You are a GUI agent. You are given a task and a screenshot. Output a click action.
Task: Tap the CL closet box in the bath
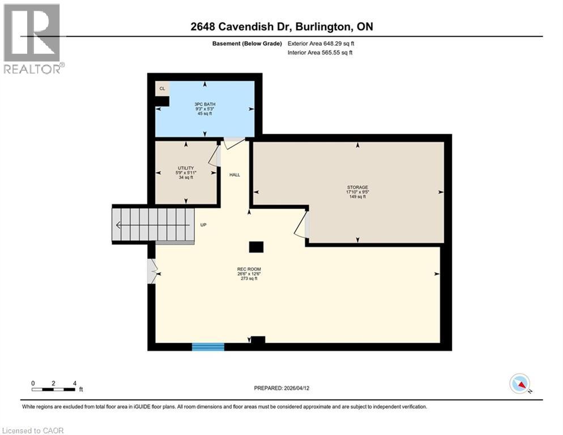[x=162, y=89]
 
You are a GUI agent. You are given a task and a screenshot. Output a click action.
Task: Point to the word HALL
[x=234, y=175]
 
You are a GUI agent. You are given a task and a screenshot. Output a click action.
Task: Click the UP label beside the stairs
[x=203, y=225]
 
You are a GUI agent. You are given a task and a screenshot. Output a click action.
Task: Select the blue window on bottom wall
[x=208, y=346]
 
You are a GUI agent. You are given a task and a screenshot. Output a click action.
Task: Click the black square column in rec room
[x=256, y=247]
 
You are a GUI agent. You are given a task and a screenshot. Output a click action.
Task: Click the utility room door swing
[x=215, y=155]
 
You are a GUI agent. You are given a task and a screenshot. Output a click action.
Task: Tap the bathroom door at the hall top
[x=233, y=142]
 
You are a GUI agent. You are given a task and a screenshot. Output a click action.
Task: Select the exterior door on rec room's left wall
[x=151, y=271]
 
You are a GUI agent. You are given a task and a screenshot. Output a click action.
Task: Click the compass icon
[x=520, y=383]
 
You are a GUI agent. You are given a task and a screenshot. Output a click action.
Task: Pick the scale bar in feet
[x=54, y=389]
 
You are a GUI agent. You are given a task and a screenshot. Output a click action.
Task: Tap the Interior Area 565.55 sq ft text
[x=320, y=53]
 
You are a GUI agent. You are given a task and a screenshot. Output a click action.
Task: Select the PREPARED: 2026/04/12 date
[x=282, y=388]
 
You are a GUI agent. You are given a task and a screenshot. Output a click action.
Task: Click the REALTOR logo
[x=32, y=39]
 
